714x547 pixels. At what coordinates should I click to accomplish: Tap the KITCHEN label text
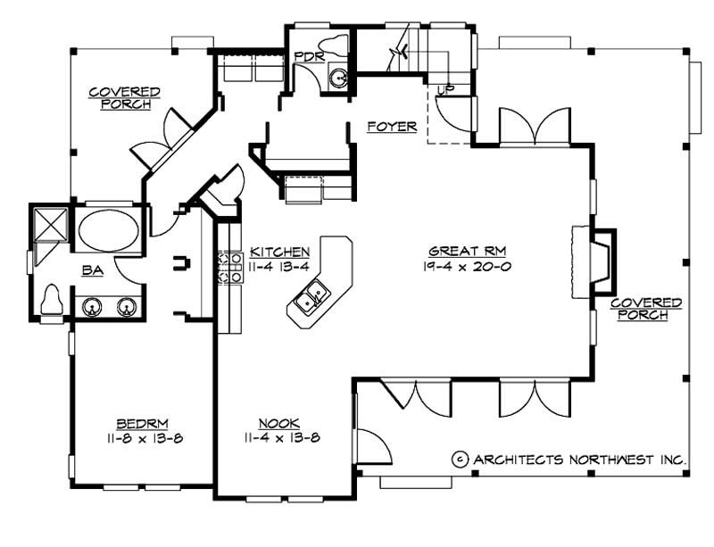click(279, 252)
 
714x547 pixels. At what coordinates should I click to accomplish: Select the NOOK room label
click(278, 423)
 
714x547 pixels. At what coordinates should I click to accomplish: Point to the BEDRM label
click(143, 423)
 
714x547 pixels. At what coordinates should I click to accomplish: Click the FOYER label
click(392, 127)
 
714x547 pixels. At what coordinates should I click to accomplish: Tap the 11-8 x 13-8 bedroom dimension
click(144, 437)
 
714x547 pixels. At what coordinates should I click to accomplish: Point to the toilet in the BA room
click(53, 299)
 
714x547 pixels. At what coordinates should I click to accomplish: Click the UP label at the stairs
click(444, 89)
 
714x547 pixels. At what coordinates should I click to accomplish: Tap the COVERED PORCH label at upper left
click(124, 98)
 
